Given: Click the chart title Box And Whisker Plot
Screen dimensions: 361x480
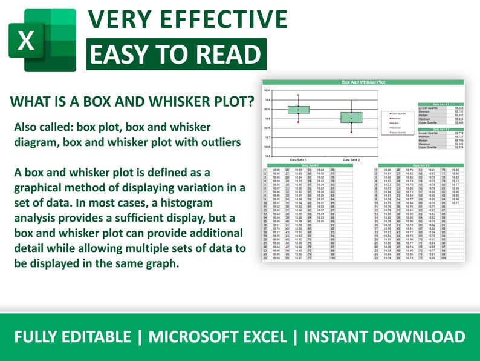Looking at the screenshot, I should (363, 81).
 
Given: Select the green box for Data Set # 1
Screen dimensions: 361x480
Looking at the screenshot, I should (298, 110).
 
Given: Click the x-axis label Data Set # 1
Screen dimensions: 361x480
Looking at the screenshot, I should (299, 159).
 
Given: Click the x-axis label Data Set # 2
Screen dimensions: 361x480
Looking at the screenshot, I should (351, 159).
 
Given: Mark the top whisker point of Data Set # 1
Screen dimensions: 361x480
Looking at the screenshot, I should (298, 96).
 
